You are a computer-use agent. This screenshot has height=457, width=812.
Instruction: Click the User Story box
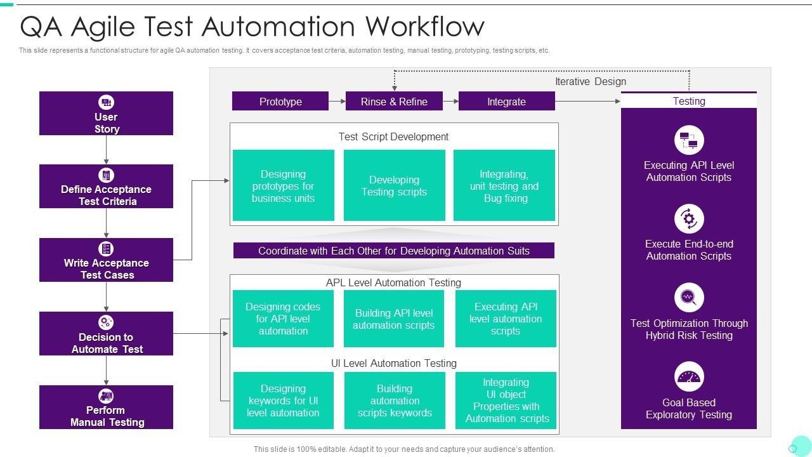pyautogui.click(x=106, y=114)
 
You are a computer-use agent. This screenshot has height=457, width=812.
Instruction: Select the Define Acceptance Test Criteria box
pyautogui.click(x=106, y=187)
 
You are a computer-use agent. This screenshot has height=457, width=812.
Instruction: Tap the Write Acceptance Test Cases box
pyautogui.click(x=106, y=260)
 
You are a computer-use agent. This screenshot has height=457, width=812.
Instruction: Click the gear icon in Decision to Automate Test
pyautogui.click(x=106, y=322)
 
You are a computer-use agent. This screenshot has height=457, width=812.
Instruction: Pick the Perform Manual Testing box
pyautogui.click(x=106, y=407)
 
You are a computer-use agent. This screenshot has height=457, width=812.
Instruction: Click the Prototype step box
pyautogui.click(x=280, y=102)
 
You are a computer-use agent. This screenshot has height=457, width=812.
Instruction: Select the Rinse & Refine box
pyautogui.click(x=394, y=102)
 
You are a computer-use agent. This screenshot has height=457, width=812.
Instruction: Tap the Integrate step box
pyautogui.click(x=506, y=102)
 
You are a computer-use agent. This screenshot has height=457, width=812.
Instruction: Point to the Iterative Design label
pyautogui.click(x=590, y=81)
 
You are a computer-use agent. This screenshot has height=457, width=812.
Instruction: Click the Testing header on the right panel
pyautogui.click(x=688, y=101)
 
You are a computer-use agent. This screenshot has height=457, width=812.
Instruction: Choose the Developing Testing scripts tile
pyautogui.click(x=394, y=185)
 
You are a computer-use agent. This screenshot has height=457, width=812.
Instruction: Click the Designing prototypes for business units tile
pyautogui.click(x=283, y=185)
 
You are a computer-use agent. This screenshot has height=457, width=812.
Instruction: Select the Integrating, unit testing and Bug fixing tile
pyautogui.click(x=504, y=185)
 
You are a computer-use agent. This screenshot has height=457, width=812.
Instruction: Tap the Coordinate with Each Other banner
pyautogui.click(x=393, y=251)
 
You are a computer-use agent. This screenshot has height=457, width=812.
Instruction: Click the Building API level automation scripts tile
pyautogui.click(x=394, y=319)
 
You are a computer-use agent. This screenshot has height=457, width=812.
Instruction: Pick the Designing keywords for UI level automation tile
pyautogui.click(x=283, y=401)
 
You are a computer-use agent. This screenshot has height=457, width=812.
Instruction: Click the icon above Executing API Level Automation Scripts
pyautogui.click(x=689, y=140)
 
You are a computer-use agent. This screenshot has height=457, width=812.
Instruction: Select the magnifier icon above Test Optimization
pyautogui.click(x=689, y=298)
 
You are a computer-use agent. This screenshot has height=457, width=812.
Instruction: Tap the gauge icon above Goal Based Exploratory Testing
pyautogui.click(x=689, y=377)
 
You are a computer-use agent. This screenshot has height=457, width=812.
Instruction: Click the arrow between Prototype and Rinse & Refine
pyautogui.click(x=337, y=102)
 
